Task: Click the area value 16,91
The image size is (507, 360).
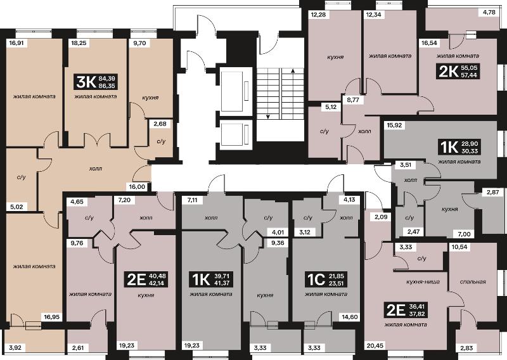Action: [x=17, y=42]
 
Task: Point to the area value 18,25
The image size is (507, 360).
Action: [x=79, y=42]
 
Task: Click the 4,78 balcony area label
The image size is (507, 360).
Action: [x=489, y=13]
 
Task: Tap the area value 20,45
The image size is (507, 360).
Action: [x=375, y=345]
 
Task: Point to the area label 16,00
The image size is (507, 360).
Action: [x=137, y=186]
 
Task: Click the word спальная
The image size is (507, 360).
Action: [x=473, y=281]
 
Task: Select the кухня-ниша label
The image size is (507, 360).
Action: [x=423, y=281]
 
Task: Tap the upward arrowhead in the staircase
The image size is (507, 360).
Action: [x=293, y=71]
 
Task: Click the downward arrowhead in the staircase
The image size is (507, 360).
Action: [x=267, y=117]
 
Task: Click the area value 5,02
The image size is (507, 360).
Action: [x=16, y=207]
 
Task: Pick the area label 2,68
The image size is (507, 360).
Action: [x=160, y=124]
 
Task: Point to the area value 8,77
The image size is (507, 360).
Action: [x=354, y=100]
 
